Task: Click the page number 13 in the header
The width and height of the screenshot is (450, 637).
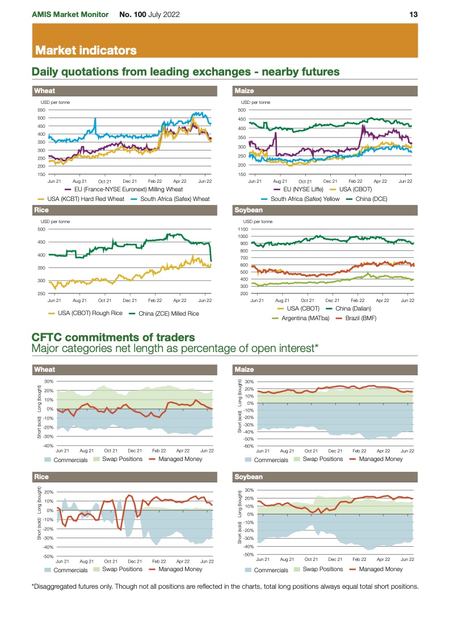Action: (414, 14)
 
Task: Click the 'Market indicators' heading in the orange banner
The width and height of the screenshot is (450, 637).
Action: (86, 51)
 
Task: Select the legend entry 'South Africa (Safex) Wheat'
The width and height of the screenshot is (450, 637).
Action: (175, 199)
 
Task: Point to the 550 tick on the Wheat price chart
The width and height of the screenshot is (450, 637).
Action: (41, 110)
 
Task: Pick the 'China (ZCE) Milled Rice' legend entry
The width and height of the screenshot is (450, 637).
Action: (169, 313)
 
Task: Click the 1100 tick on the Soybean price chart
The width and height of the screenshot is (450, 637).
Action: (244, 228)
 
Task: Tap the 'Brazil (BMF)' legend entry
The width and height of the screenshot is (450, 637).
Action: (360, 318)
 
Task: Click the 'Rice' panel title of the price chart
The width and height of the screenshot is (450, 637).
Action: (41, 210)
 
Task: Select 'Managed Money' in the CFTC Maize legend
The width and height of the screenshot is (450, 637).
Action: (381, 459)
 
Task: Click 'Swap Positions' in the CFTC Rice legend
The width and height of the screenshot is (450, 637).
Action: (122, 569)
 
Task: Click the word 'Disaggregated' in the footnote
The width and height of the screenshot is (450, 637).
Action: (60, 586)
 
